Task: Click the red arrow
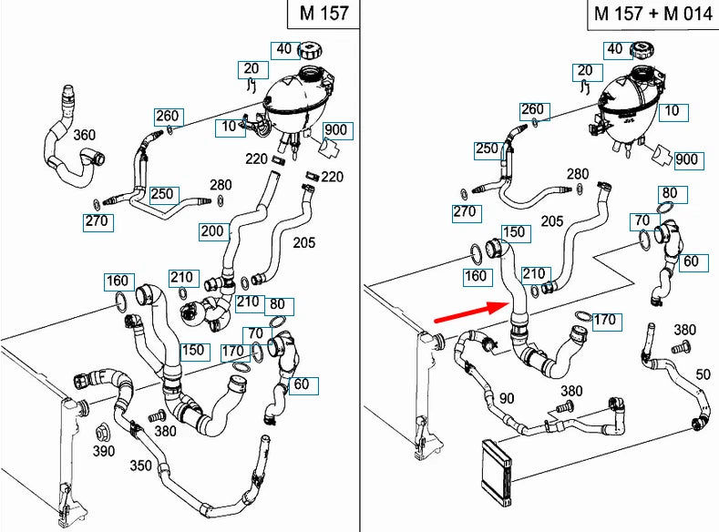coord(469,311)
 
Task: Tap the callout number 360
coord(84,136)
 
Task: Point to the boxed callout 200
coord(212,232)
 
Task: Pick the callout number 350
coord(140,465)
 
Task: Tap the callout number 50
coord(703,375)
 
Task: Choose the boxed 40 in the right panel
coord(614,49)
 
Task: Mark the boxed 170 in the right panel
coord(604,320)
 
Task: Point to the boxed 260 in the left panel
coord(168,116)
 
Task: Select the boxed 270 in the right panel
coord(465,212)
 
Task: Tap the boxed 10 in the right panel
coord(673,111)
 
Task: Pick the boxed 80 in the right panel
coord(670,193)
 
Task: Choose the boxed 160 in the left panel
coord(118,280)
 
